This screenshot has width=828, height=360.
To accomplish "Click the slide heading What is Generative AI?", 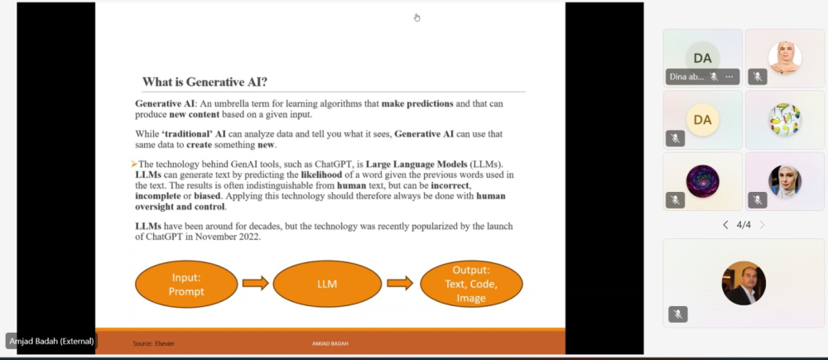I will coord(205,82).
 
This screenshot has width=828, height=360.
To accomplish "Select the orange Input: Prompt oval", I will coord(187,284).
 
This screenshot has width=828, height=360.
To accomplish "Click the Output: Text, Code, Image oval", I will coord(470,284).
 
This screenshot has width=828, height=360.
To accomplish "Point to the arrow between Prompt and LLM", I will coord(256,284).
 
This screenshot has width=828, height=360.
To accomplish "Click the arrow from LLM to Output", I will coord(400,284).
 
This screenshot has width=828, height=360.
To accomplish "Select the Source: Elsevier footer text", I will coord(154,343).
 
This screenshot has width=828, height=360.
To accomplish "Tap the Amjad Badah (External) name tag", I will coord(51,341).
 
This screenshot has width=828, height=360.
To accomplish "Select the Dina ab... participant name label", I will coord(686,76).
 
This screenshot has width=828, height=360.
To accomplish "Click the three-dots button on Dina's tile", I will coord(729,76).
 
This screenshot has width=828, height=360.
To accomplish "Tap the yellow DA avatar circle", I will coord(702,120).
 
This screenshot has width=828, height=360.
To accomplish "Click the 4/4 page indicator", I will coord(744,224).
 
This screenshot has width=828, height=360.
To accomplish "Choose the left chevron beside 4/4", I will coord(725,224).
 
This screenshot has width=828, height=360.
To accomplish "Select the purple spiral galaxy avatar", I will coord(702,181).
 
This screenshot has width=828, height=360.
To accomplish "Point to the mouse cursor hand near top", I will coord(416,17).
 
